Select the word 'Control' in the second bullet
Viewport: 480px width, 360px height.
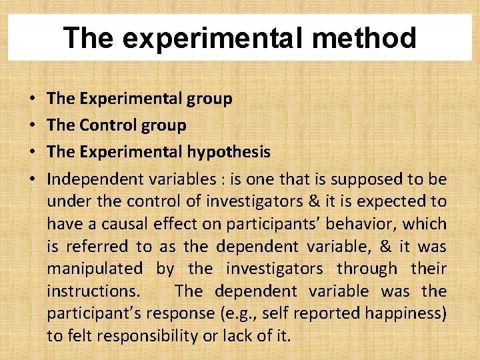tap(109, 125)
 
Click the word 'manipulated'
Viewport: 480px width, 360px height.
tap(95, 269)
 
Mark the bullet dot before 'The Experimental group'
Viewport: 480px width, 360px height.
tap(33, 99)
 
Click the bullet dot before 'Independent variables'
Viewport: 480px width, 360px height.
tap(33, 179)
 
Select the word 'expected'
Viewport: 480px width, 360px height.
tap(389, 201)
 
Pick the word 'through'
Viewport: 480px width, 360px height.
tap(364, 269)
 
